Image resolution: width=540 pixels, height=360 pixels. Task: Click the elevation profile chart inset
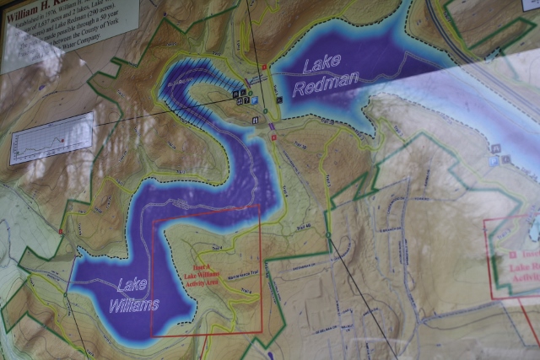[51, 137]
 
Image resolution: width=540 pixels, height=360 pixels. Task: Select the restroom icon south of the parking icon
[255, 120]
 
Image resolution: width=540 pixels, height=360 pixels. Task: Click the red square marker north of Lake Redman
[264, 67]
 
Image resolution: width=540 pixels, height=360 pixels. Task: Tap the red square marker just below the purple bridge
[274, 137]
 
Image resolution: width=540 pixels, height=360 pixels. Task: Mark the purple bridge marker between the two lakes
[272, 126]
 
